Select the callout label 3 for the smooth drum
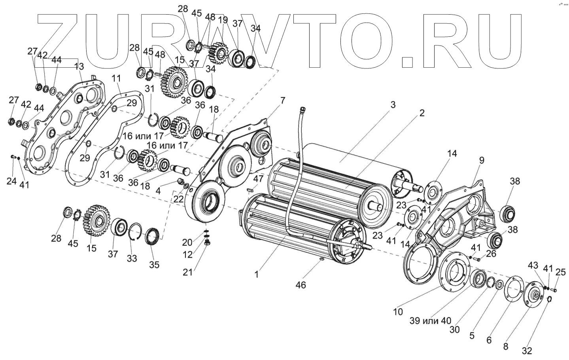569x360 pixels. [x=393, y=105]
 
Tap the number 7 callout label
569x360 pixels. [x=282, y=100]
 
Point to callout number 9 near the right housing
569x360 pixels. [x=481, y=161]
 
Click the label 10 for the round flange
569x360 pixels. [x=398, y=312]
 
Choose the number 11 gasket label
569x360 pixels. [x=116, y=79]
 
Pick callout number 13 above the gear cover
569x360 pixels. [x=79, y=66]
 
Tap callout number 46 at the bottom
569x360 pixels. [x=301, y=285]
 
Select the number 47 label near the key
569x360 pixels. [x=258, y=179]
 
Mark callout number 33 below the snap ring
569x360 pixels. [x=132, y=258]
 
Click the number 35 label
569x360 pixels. [x=154, y=265]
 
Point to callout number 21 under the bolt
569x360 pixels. [x=188, y=272]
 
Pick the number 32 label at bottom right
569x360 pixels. [x=527, y=351]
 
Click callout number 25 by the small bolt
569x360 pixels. [x=561, y=272]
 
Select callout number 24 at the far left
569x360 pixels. [x=11, y=181]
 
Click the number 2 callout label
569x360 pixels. [x=422, y=113]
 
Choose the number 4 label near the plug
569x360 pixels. [x=159, y=190]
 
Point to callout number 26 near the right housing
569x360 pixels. [x=491, y=254]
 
